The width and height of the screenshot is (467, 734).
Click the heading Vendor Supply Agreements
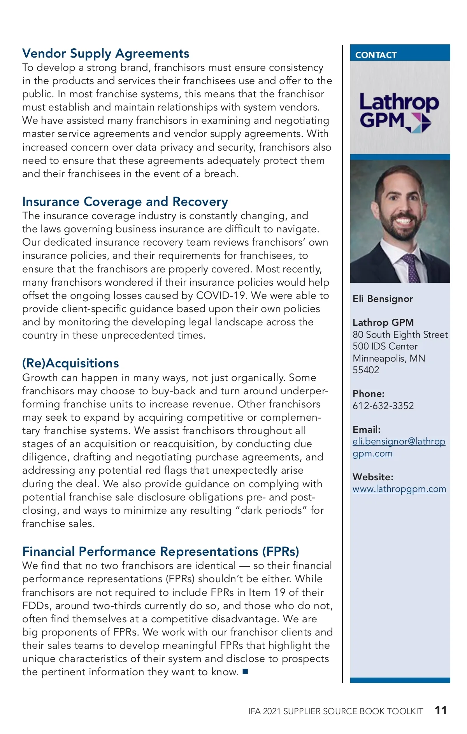(x=106, y=53)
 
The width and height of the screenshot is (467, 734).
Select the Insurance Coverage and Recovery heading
(x=125, y=202)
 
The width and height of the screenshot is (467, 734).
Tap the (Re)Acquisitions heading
(x=70, y=363)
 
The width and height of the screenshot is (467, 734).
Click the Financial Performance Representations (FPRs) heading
(x=160, y=551)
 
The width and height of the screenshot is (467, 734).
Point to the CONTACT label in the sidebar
(x=376, y=55)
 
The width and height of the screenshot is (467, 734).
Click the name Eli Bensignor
(x=383, y=299)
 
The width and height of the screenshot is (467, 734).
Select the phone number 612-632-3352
(x=383, y=406)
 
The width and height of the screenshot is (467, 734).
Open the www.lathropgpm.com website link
(x=399, y=489)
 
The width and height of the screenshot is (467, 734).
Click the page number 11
(x=441, y=710)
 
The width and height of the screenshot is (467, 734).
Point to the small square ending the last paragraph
(x=245, y=671)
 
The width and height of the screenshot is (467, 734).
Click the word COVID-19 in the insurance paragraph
(x=221, y=296)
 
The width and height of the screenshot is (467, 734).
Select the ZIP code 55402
(x=366, y=370)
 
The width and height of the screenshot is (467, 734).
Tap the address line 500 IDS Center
(x=385, y=346)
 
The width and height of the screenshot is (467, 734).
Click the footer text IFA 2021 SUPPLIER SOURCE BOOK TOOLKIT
(x=335, y=711)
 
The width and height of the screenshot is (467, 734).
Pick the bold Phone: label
(x=368, y=394)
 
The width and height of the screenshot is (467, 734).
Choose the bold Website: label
(x=373, y=477)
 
